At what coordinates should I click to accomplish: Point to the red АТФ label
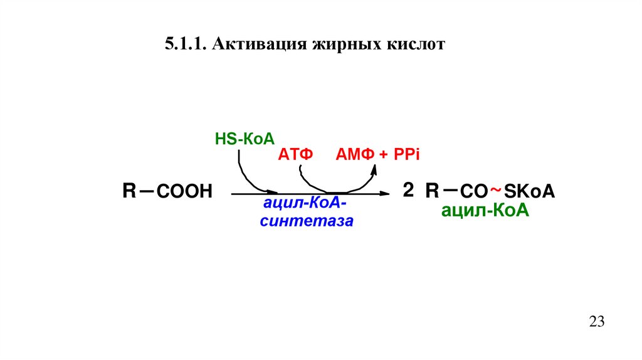(x=295, y=155)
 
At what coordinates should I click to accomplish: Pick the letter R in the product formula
(x=432, y=191)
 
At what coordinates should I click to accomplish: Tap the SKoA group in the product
(x=530, y=192)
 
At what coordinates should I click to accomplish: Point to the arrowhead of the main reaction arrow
(x=384, y=194)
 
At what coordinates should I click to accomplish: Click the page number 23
(x=596, y=322)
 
